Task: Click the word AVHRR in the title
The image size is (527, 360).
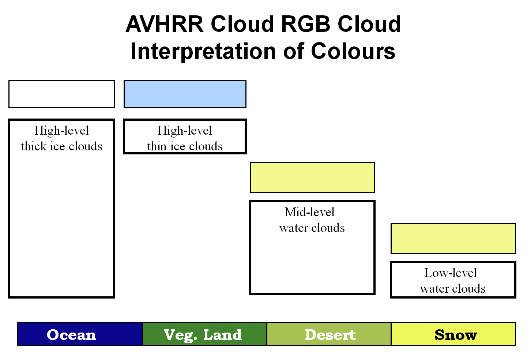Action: [x=164, y=24]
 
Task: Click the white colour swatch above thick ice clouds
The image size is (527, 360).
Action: [x=61, y=94]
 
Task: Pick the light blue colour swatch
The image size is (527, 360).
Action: [x=185, y=94]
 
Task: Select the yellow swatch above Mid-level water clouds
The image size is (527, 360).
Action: [x=312, y=177]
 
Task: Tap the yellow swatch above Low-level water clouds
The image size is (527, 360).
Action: [x=453, y=239]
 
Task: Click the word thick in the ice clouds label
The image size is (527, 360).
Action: [x=34, y=146]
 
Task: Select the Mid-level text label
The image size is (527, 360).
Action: [x=309, y=212]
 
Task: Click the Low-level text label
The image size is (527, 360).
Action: [x=450, y=273]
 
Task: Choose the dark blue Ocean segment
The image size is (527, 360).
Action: [x=80, y=334]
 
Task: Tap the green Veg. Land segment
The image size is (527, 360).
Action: [x=204, y=334]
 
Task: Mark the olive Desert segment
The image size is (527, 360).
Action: [x=329, y=334]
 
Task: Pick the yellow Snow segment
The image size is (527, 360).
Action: [x=453, y=334]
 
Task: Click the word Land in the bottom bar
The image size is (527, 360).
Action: [x=222, y=335]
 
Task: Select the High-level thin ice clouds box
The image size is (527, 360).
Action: [x=185, y=136]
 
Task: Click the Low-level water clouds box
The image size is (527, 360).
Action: [x=453, y=280]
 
